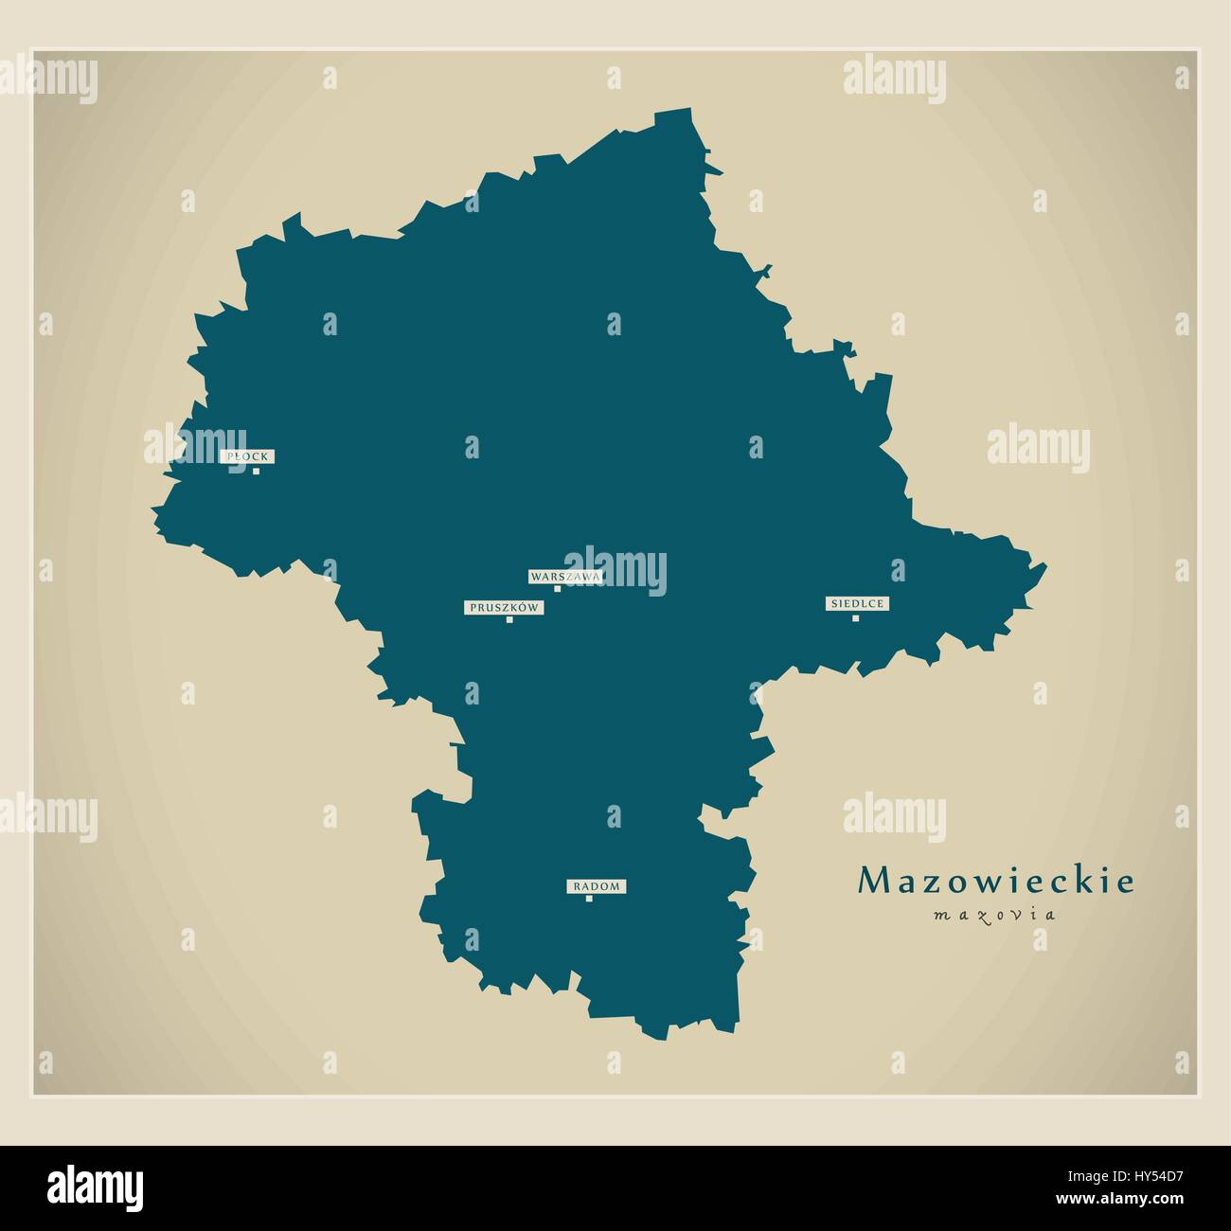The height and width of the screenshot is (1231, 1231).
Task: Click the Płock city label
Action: [248, 456]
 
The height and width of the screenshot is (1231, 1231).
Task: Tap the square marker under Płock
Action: [255, 471]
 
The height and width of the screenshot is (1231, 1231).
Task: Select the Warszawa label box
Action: [564, 576]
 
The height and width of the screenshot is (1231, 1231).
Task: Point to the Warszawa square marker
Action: [557, 589]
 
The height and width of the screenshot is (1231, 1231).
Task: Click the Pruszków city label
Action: [504, 607]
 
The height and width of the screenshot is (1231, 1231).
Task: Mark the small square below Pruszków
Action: [509, 620]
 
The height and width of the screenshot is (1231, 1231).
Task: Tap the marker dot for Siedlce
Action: [855, 618]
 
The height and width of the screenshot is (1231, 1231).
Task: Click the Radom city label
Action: [597, 886]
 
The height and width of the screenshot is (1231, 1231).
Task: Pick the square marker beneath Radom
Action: [589, 899]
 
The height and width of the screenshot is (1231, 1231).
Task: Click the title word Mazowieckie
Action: [995, 882]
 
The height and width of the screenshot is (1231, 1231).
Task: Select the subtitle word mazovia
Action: [994, 915]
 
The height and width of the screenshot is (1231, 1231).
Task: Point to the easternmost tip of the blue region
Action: [1046, 566]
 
